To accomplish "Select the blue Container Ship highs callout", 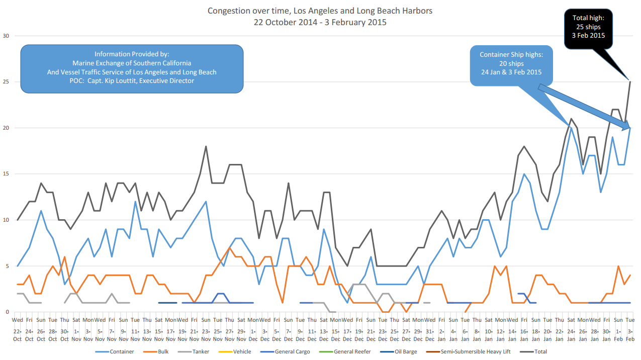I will coord(510,63).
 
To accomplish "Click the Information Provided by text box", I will coord(132,68).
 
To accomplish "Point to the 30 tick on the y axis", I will coord(6,36).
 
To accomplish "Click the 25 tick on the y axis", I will coord(6,82).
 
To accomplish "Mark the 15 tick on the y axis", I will coord(6,174).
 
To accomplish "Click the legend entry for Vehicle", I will coord(240,351).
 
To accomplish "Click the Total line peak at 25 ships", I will coord(629,82).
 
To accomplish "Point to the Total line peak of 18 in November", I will coord(206,146).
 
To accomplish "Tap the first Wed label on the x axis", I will coord(18,320).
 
